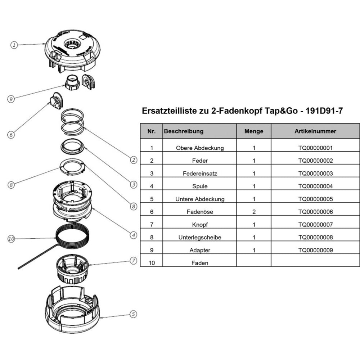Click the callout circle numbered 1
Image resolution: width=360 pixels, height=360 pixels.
coord(14,45)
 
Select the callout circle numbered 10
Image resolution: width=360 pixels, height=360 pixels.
coord(11,238)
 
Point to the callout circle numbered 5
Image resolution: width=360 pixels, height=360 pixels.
coord(133,314)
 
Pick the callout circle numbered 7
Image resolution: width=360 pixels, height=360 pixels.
coord(133,260)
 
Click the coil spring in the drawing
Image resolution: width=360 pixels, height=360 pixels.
coord(72,121)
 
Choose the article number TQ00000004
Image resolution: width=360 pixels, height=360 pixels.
coord(315,186)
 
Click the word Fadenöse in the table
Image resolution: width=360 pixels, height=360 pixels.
coord(200,212)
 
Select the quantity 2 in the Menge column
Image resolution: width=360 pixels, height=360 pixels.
coord(254,212)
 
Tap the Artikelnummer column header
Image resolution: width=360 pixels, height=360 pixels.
coord(315,131)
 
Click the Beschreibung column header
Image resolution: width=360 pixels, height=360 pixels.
coord(184,131)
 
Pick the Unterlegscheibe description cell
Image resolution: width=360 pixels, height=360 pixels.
coord(200,238)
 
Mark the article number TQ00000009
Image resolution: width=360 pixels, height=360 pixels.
coord(315,250)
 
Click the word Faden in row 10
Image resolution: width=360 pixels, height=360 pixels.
coord(200,263)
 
